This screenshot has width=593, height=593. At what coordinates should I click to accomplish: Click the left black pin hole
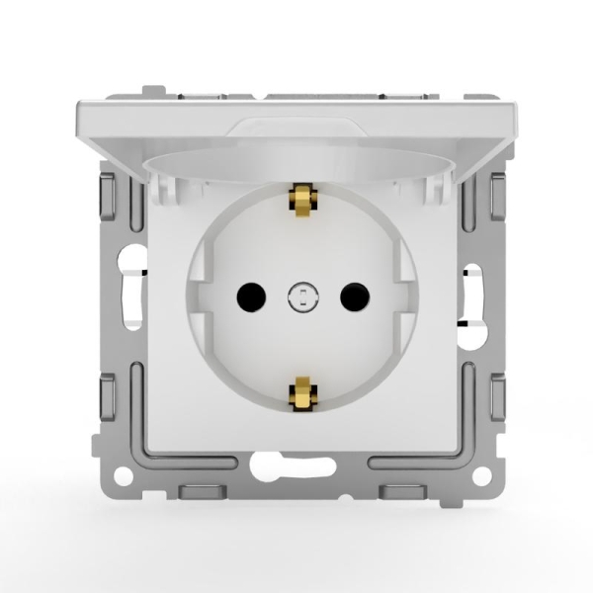click(248, 294)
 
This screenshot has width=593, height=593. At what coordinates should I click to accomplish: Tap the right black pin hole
click(352, 294)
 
